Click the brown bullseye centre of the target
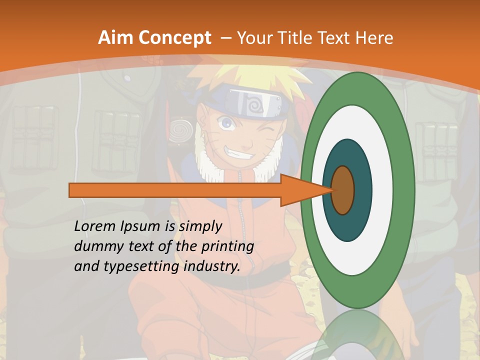[343, 190]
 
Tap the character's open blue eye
[227, 121]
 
